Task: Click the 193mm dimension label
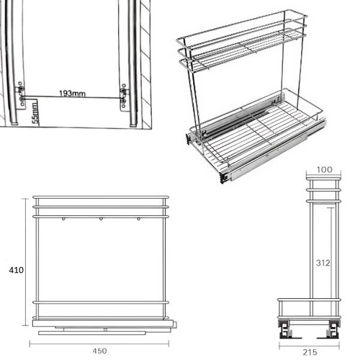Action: coord(72,93)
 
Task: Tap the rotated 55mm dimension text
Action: coord(35,113)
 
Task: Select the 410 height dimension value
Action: coord(17,270)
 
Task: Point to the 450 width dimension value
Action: coord(99,351)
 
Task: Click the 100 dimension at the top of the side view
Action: coord(325,170)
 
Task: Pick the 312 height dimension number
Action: coord(323,263)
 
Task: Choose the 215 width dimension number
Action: coord(310,352)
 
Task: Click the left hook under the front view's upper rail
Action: coord(63,219)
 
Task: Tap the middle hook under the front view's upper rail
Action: coord(101,219)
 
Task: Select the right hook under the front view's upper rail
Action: coord(138,219)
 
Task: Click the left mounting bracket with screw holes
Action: coord(19,96)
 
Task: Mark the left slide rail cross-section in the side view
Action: coord(285,329)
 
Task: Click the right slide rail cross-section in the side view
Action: coord(333,329)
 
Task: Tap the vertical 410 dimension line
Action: coord(25,262)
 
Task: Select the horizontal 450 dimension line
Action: coord(99,343)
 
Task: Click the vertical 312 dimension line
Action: coord(331,262)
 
